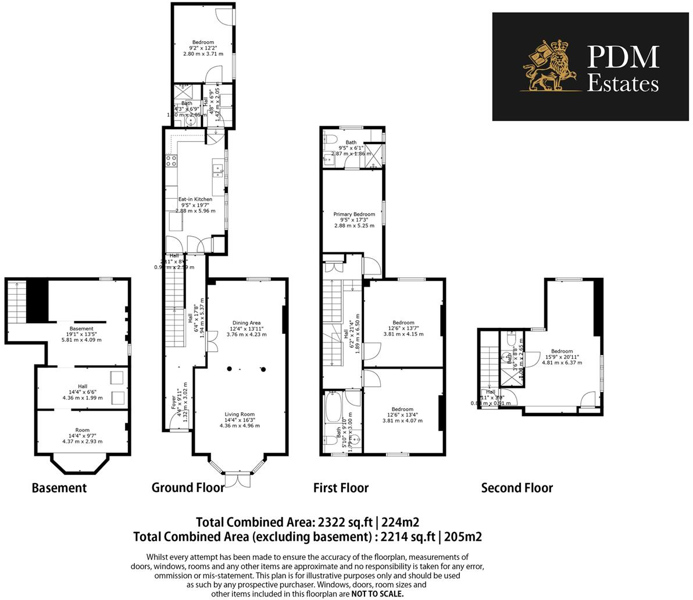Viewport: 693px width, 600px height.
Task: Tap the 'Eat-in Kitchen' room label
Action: (x=195, y=199)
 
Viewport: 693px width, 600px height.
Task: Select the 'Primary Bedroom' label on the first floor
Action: (x=354, y=215)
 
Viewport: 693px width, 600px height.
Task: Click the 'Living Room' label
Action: (x=240, y=415)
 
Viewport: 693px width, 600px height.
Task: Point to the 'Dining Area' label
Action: (x=246, y=323)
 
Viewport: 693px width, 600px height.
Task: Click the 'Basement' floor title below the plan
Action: (x=59, y=488)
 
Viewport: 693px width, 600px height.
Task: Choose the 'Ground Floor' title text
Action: (x=187, y=488)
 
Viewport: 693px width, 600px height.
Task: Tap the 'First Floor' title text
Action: (x=341, y=488)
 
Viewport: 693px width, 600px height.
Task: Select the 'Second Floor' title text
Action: (x=517, y=488)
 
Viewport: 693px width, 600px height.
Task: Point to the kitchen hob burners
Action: (x=171, y=160)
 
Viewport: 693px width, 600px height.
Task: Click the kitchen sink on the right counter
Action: (x=219, y=171)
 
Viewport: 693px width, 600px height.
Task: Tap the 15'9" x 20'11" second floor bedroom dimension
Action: (x=562, y=357)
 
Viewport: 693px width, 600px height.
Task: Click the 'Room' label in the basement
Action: (x=82, y=414)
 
